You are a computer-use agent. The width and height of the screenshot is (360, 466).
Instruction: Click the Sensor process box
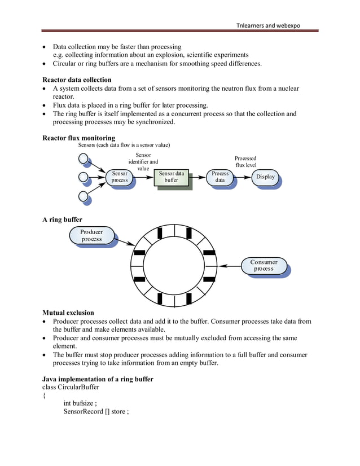[x=119, y=177]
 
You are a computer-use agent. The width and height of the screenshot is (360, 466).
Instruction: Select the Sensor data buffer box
[x=172, y=177]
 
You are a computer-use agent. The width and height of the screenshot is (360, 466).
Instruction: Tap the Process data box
[x=220, y=177]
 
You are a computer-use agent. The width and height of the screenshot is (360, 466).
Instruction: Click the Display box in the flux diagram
[x=265, y=177]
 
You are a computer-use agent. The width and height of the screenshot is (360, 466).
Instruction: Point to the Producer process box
[x=91, y=235]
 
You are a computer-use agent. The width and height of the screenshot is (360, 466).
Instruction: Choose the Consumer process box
[x=264, y=265]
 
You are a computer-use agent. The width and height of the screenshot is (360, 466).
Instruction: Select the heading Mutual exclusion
[x=68, y=313]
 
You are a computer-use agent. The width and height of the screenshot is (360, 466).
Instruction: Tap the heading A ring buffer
[x=62, y=219]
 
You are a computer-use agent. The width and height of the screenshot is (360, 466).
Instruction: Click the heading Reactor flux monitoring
[x=78, y=138]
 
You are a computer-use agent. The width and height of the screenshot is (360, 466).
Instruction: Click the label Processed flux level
[x=245, y=162]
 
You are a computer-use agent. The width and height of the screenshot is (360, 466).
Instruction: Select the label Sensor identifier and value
[x=143, y=161]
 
